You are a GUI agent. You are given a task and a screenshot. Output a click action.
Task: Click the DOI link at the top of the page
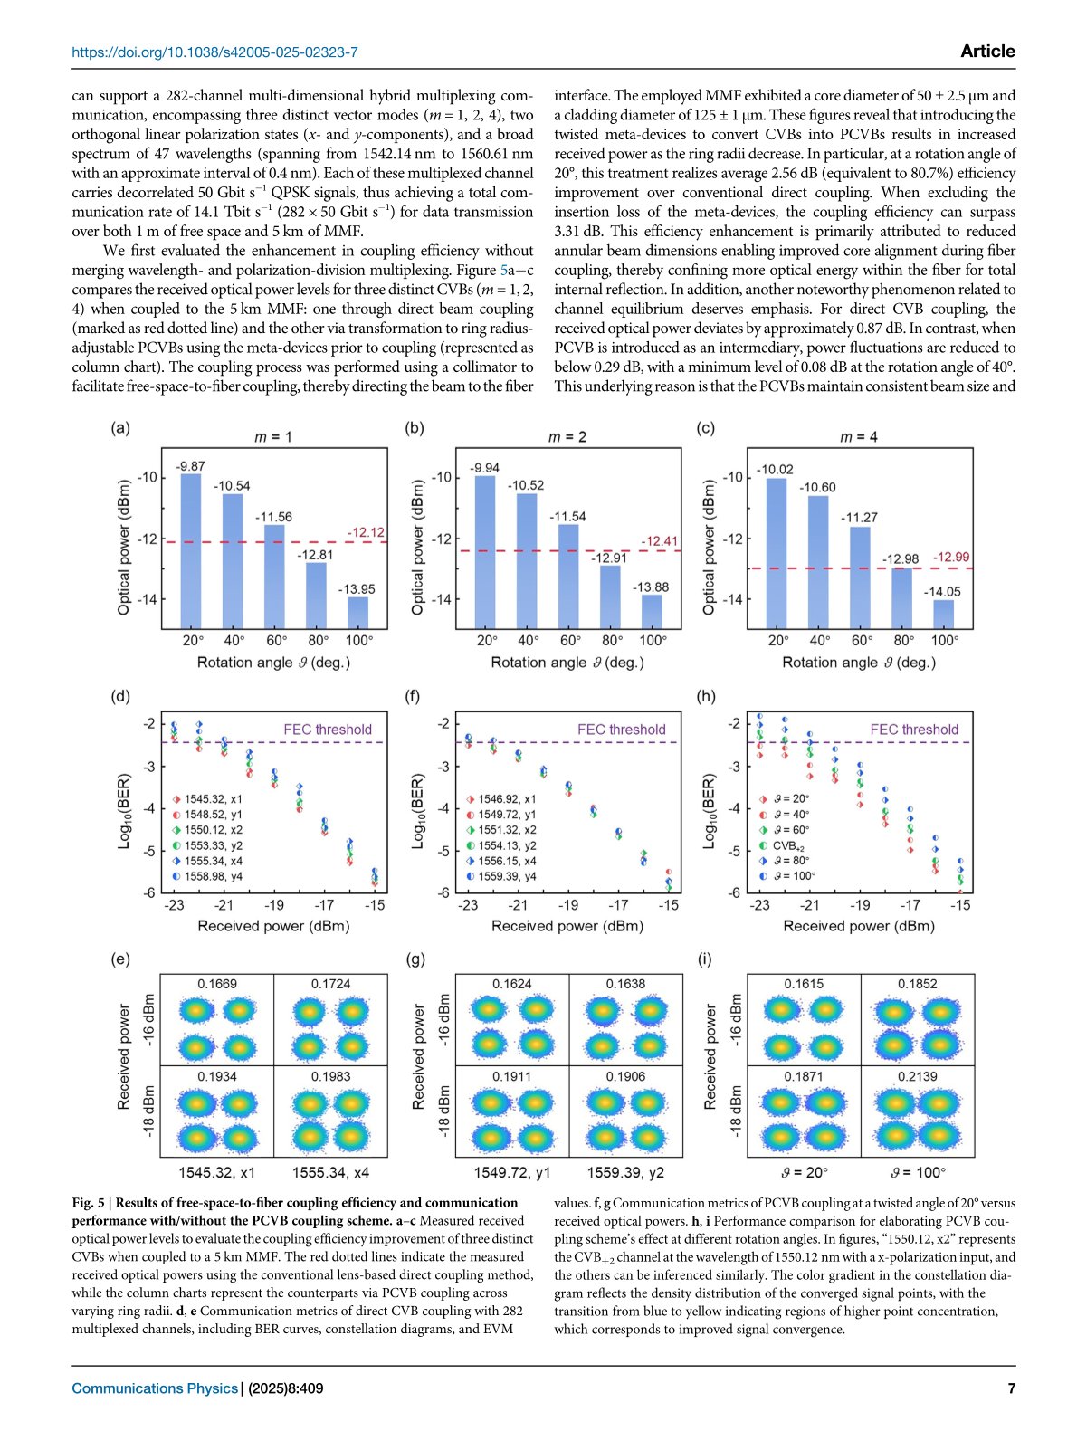[214, 52]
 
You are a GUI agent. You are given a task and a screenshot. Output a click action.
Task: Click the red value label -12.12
[366, 532]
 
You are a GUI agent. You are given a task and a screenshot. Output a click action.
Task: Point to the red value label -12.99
[951, 557]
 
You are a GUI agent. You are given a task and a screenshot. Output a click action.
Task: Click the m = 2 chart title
[567, 436]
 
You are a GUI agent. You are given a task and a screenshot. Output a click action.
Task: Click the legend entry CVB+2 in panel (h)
[790, 845]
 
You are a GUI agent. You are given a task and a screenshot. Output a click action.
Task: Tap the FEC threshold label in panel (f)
[621, 730]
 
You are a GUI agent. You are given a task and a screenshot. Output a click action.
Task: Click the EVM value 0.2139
[918, 1076]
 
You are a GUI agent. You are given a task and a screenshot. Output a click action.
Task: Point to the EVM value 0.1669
[217, 984]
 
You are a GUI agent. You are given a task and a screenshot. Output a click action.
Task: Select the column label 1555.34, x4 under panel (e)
[330, 1172]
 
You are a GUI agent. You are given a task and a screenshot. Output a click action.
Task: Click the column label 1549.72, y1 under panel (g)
[512, 1172]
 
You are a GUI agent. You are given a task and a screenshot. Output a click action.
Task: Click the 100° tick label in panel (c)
[945, 640]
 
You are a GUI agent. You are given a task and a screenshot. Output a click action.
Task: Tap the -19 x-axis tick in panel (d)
[273, 904]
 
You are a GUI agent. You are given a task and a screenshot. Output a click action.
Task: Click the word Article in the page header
[987, 52]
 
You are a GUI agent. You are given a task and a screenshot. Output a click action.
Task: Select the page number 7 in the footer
[1011, 1388]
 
